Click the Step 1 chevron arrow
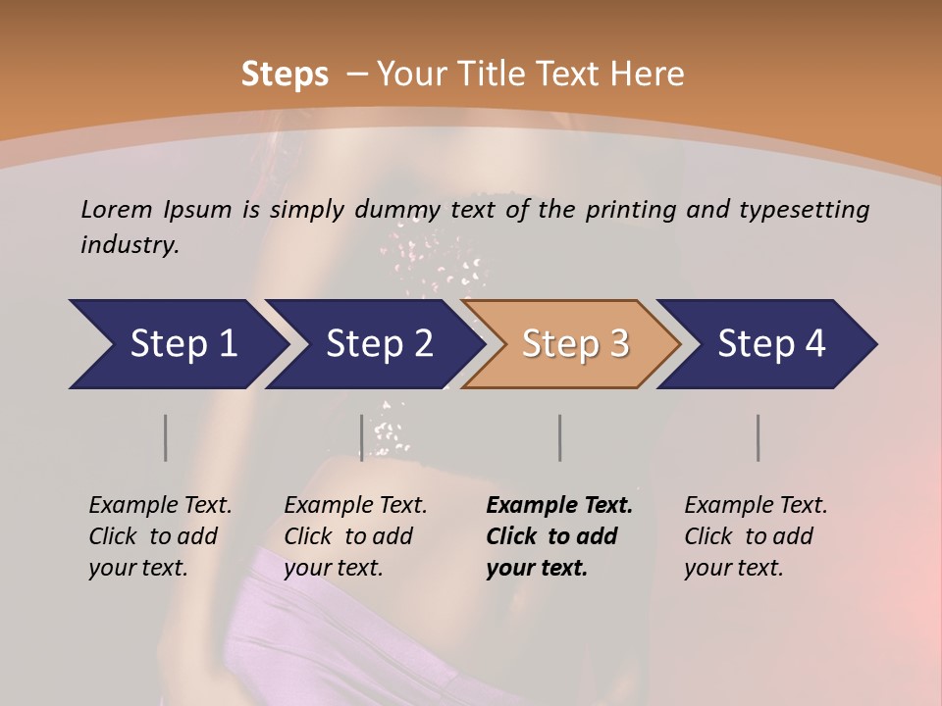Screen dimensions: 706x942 (x=177, y=344)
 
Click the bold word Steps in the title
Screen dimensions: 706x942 (x=285, y=74)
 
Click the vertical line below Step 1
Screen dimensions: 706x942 (x=166, y=437)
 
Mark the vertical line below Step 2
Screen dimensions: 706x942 (x=362, y=437)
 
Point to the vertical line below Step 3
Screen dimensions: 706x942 (x=559, y=437)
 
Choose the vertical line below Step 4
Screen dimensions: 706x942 (x=759, y=437)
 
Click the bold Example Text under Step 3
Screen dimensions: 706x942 (x=559, y=505)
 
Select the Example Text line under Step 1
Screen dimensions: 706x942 (x=160, y=505)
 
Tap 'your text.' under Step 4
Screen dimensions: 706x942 (x=733, y=568)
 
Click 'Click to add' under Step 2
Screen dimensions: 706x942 (x=348, y=536)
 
